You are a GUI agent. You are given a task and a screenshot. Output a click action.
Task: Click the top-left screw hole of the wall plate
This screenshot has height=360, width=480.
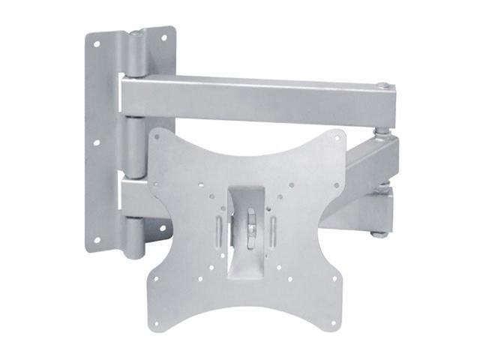pos(96,44)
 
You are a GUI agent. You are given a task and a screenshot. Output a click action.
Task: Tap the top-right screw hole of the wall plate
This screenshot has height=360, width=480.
pos(162,40)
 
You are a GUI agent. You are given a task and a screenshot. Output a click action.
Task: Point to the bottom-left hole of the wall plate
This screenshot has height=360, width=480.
pos(96,240)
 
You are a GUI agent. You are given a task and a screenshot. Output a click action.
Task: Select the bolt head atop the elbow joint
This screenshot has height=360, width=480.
pos(382,86)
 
